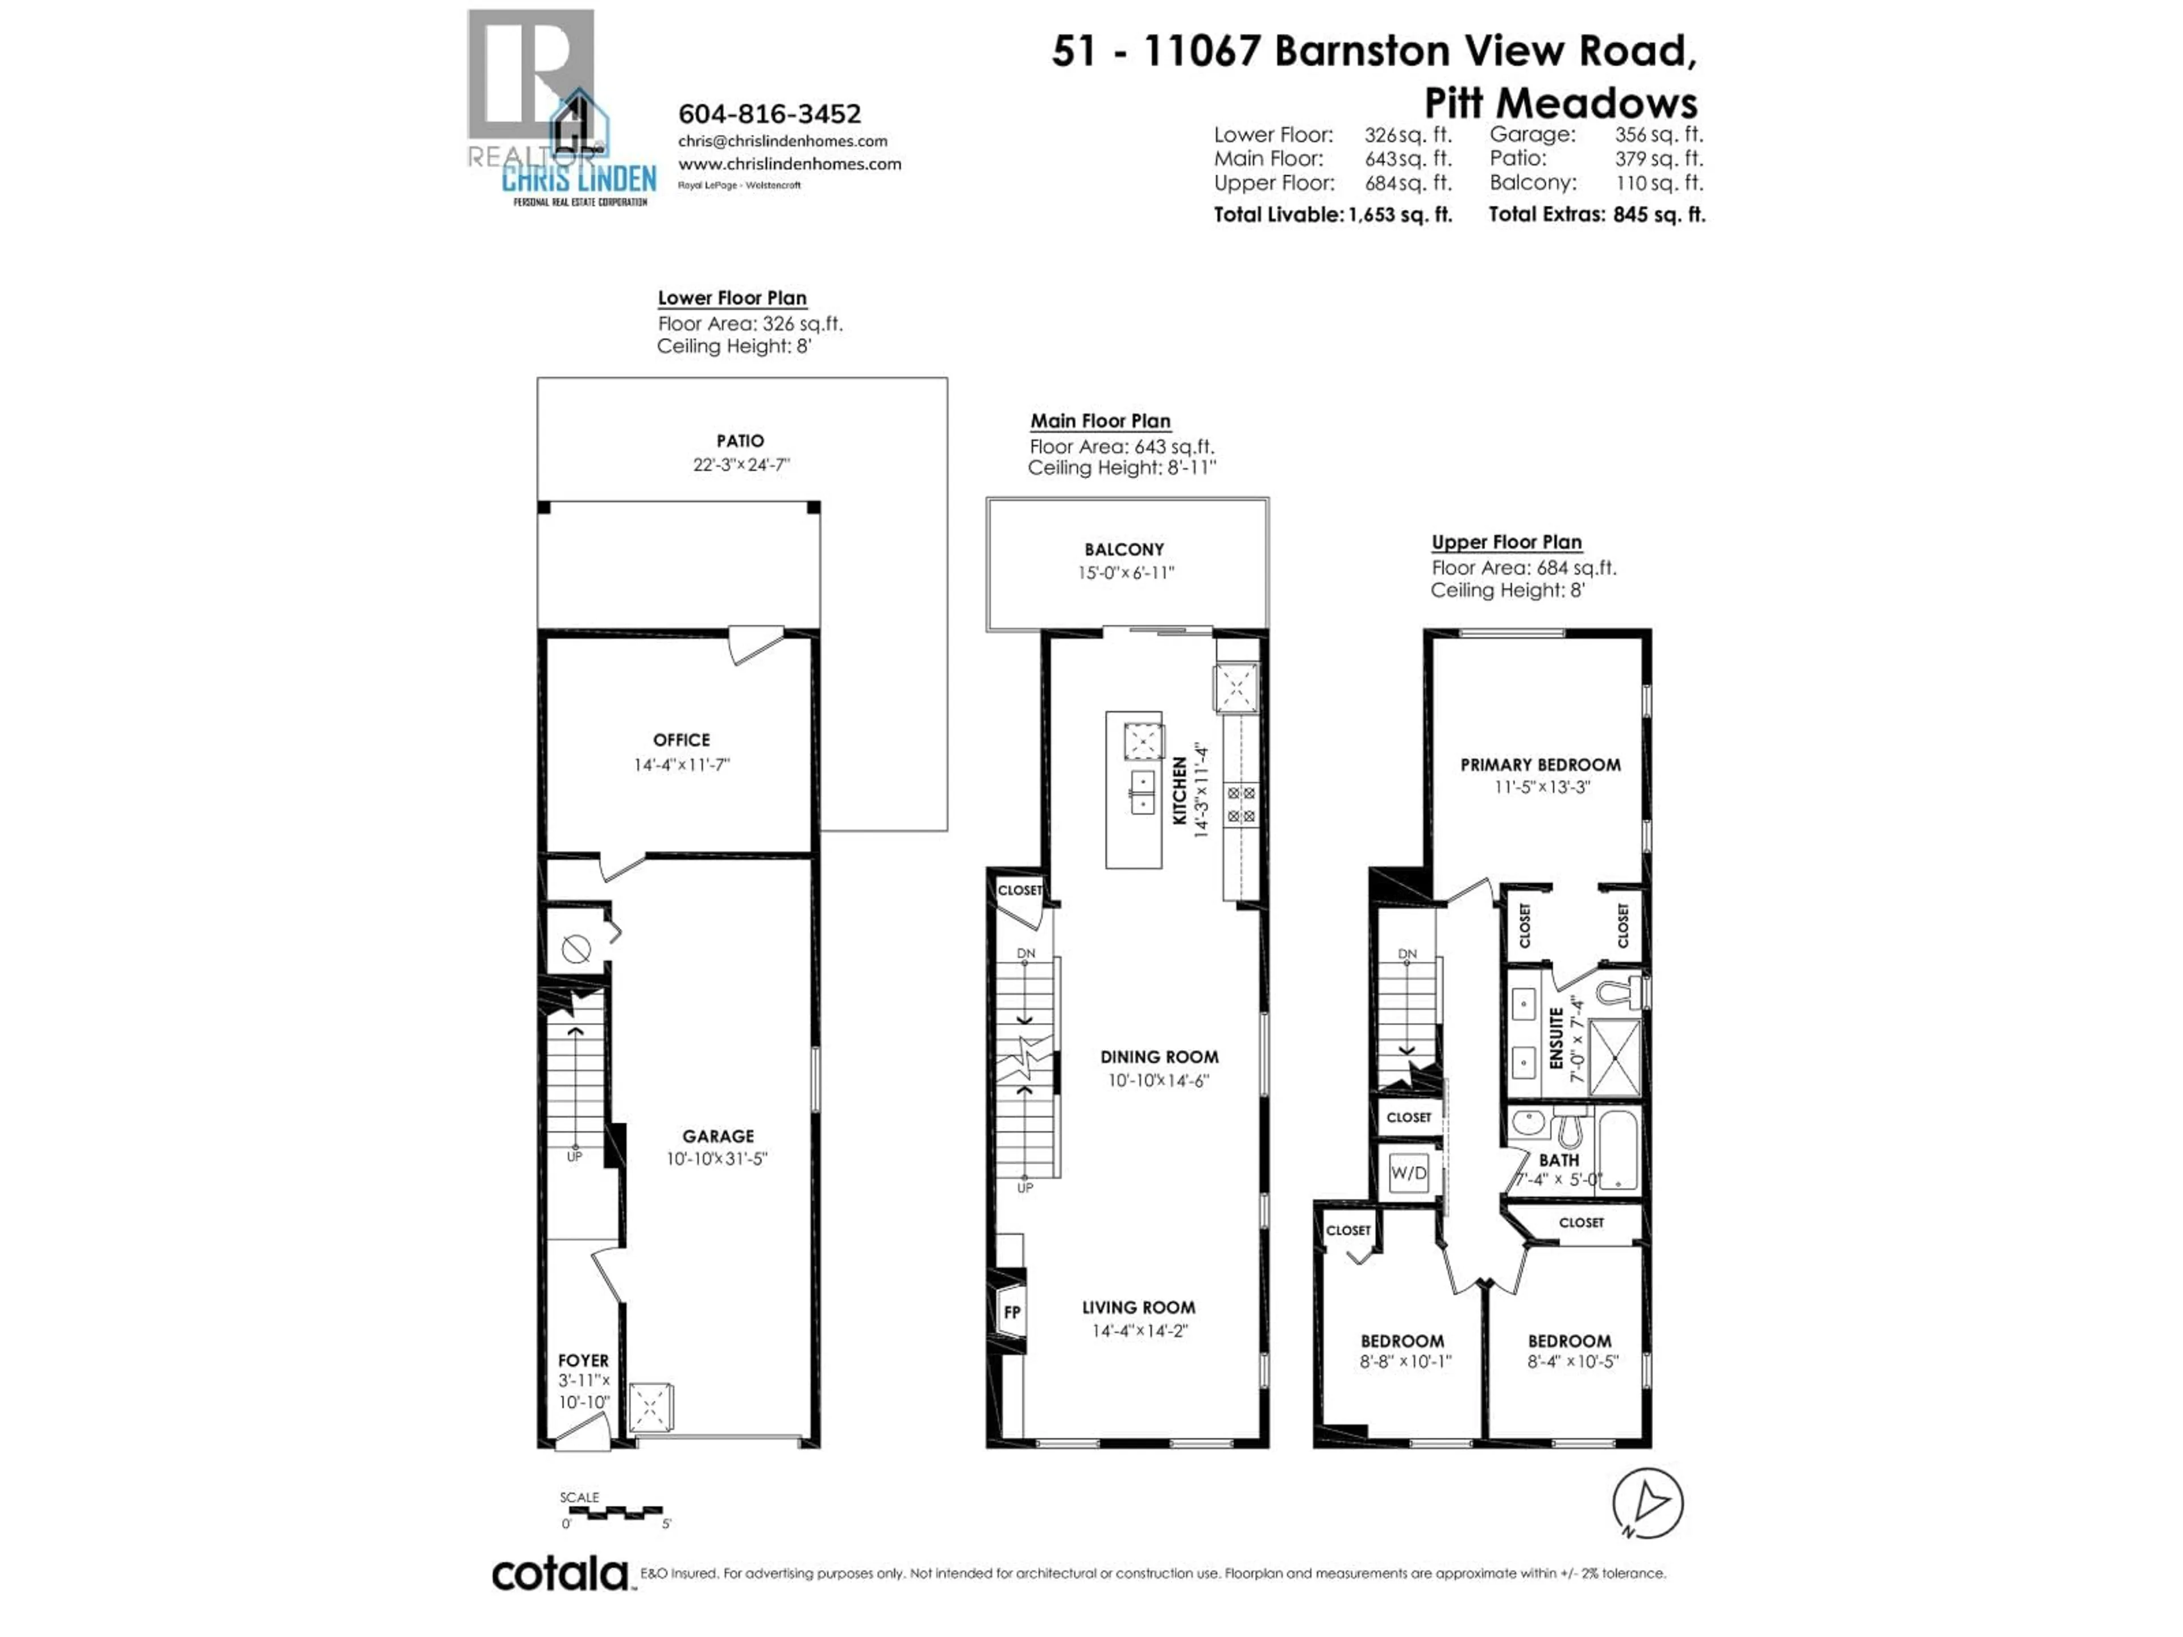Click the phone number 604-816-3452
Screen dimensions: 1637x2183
pos(769,114)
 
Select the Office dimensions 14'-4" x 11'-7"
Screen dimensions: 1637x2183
pos(681,765)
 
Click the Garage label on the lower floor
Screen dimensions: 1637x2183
pos(717,1136)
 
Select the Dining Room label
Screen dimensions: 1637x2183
pos(1159,1057)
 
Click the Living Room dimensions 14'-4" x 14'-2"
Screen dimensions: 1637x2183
pos(1139,1330)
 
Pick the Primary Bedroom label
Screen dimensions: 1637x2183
pos(1539,765)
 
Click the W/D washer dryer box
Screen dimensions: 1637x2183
pos(1408,1172)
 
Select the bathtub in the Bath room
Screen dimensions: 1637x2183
pos(1617,1149)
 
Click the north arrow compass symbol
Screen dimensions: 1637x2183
pos(1647,1503)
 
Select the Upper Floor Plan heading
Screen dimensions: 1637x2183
pos(1506,542)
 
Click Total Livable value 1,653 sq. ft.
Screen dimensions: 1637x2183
pos(1400,214)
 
